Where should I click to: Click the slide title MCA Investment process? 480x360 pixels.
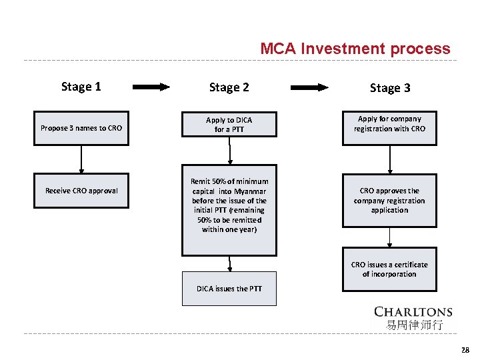(x=355, y=49)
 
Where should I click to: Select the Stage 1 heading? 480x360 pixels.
(x=81, y=86)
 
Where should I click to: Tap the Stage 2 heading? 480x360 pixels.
(x=229, y=87)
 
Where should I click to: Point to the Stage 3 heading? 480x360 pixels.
(x=390, y=88)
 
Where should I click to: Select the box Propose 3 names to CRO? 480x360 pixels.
(x=81, y=127)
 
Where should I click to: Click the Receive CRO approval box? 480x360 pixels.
(x=81, y=191)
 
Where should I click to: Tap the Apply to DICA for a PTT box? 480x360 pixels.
(x=229, y=125)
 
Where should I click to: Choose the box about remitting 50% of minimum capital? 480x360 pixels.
(x=229, y=210)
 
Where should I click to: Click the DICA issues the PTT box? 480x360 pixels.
(x=229, y=289)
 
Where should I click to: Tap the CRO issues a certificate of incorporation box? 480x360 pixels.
(x=389, y=269)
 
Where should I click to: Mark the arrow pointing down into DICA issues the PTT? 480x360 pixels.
(x=230, y=264)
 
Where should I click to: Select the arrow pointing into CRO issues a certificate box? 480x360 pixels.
(x=390, y=237)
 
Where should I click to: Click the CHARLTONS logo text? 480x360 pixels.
(x=413, y=312)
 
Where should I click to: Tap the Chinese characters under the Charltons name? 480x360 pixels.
(x=413, y=325)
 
